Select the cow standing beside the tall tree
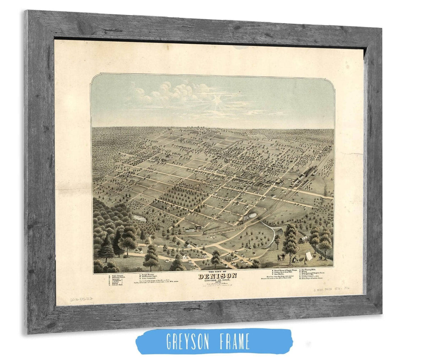pyautogui.click(x=282, y=257)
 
